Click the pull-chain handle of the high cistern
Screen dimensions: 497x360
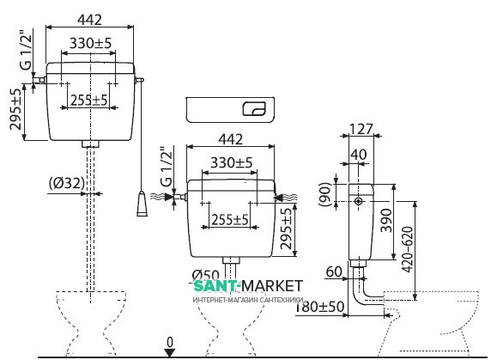coord(142,204)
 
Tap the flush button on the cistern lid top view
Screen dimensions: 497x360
coord(254,109)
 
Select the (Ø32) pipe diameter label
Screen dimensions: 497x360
coord(67,183)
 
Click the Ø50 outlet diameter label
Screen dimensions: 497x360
coord(205,275)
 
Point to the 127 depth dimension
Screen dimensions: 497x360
coord(361,129)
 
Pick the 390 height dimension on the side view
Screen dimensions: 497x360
coord(385,220)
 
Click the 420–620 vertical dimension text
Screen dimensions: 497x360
coord(408,249)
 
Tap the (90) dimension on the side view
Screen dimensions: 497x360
coord(325,194)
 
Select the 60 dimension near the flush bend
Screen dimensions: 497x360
coord(334,272)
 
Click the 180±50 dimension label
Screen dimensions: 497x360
coord(320,307)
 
